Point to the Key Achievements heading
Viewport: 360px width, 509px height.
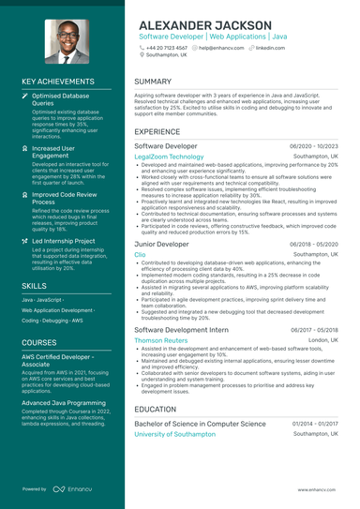tap(57, 82)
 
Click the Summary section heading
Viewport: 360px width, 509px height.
tap(153, 82)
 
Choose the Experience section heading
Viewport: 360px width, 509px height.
tap(157, 132)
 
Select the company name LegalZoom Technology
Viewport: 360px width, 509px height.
tap(169, 157)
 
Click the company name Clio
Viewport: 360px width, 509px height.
tap(140, 254)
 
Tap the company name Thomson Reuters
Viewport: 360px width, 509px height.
tap(161, 340)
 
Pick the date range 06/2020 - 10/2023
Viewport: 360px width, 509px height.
tap(314, 147)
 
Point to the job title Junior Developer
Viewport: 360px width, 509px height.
tap(161, 244)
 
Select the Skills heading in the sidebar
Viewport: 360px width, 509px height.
tap(34, 285)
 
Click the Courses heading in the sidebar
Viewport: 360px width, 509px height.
tap(39, 343)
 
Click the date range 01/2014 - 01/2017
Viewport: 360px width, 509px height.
tap(314, 424)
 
